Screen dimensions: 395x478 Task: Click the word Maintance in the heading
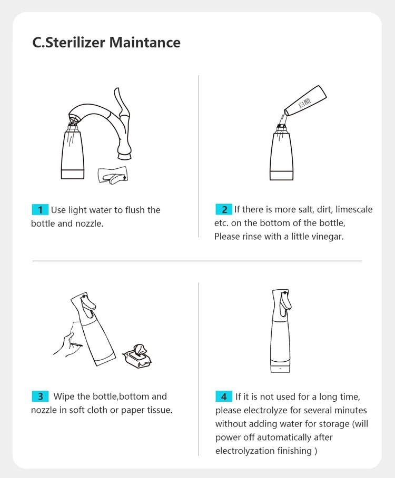pos(145,43)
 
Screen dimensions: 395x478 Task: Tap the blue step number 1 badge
pos(40,210)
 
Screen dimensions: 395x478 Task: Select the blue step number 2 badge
pos(224,209)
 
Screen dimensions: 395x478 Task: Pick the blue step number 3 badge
pos(41,396)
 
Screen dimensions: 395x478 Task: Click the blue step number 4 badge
pos(224,396)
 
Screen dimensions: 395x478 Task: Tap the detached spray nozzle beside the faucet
pos(113,176)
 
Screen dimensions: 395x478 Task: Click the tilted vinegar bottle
pos(305,100)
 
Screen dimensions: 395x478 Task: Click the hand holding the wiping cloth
pos(66,345)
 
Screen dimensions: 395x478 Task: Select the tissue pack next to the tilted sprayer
pos(137,356)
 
